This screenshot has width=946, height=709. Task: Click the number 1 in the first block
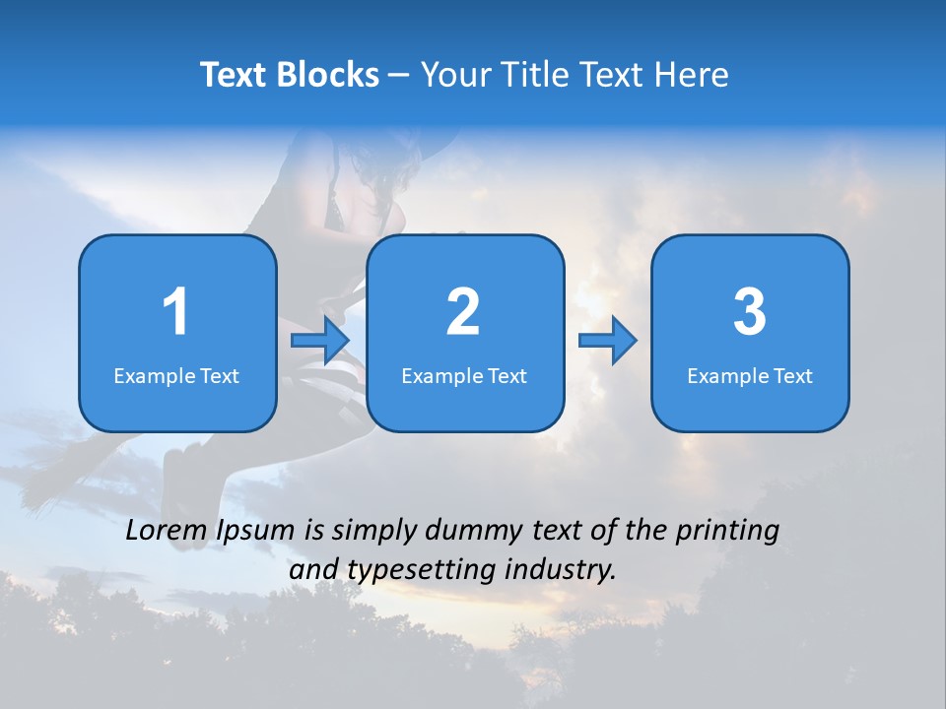[x=176, y=311]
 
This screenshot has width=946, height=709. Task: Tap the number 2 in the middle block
[x=463, y=311]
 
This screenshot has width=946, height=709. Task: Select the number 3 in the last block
[x=750, y=311]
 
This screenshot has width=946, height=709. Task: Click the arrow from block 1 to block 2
[x=321, y=341]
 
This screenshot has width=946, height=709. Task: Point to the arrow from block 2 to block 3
[x=608, y=341]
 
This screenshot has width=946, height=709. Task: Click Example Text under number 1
[x=176, y=376]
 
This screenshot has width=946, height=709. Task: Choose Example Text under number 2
[x=464, y=376]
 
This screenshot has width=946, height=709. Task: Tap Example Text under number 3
[x=750, y=376]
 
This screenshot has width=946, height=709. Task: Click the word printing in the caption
[x=727, y=532]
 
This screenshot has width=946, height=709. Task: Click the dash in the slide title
[x=399, y=76]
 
